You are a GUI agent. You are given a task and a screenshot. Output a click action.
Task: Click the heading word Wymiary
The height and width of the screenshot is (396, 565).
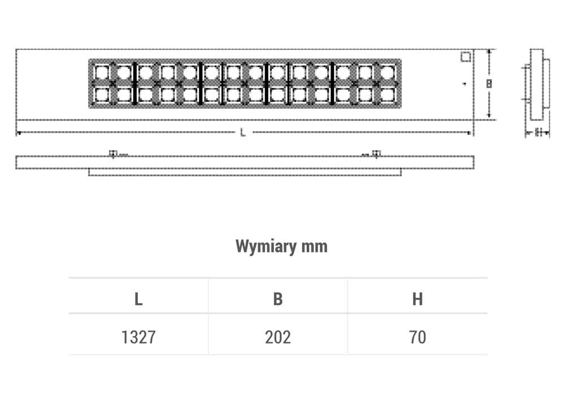(x=266, y=247)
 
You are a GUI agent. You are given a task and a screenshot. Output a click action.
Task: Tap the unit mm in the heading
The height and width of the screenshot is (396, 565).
(x=315, y=247)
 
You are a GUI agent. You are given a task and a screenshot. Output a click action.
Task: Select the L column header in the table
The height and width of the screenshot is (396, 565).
(x=138, y=299)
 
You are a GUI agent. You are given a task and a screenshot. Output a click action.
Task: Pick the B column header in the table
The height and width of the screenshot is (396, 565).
(x=277, y=299)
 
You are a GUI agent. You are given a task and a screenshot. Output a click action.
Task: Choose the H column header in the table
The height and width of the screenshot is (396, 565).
(x=417, y=299)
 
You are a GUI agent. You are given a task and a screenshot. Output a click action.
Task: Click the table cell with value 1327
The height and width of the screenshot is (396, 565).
(x=138, y=337)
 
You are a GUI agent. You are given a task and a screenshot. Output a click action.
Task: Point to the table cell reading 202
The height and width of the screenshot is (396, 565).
(x=277, y=337)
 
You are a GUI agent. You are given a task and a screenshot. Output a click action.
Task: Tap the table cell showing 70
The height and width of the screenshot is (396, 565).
(x=417, y=337)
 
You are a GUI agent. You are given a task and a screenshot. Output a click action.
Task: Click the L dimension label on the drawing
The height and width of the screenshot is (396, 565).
(x=243, y=133)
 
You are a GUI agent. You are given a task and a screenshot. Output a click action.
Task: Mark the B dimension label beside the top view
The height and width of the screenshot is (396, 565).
(x=489, y=84)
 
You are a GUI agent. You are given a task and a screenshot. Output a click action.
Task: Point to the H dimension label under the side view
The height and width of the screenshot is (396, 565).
(x=538, y=133)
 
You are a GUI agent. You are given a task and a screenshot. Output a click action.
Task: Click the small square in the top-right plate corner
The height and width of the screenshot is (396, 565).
(x=466, y=56)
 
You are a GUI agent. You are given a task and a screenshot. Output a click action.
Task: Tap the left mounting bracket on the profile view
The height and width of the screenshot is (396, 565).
(x=113, y=154)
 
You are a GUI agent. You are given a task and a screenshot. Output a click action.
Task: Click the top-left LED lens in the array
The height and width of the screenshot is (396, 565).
(x=101, y=73)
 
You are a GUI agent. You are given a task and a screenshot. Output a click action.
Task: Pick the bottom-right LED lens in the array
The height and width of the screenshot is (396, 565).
(x=387, y=94)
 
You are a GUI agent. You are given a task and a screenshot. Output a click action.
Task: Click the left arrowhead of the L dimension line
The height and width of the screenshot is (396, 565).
(x=19, y=133)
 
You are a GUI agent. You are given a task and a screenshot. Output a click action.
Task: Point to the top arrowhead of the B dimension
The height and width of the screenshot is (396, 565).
(x=490, y=51)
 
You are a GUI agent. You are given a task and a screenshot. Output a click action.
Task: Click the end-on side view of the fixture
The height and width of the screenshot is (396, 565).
(x=537, y=85)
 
